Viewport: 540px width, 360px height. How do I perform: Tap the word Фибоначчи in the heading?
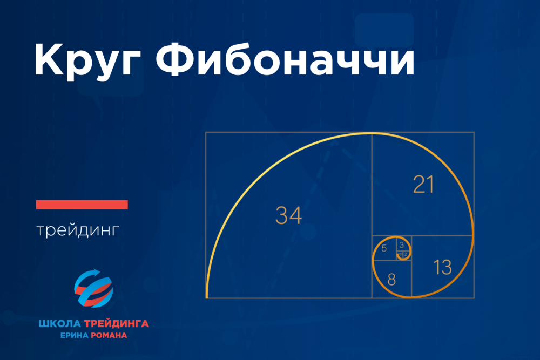tap(285, 59)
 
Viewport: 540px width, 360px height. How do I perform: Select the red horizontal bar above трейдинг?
tap(82, 205)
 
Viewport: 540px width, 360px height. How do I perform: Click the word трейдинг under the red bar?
tap(78, 230)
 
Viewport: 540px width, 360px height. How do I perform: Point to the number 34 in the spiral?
tap(288, 215)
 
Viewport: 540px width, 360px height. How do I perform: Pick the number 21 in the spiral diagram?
tap(423, 184)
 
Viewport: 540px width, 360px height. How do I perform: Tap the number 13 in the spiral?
tap(443, 267)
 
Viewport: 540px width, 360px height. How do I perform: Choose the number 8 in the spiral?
tap(391, 280)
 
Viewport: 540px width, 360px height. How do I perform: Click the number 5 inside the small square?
tap(384, 248)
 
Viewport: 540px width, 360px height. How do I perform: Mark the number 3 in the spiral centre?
tap(402, 246)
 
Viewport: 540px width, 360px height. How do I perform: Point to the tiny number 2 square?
tap(406, 254)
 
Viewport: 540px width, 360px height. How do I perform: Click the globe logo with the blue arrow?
tap(93, 288)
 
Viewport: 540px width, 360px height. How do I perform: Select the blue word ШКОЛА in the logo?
tap(59, 323)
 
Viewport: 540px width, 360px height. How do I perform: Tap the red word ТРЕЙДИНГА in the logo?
tap(117, 323)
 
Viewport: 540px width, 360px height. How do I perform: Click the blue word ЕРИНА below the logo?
tap(75, 335)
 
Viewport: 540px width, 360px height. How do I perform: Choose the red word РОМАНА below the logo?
tap(109, 335)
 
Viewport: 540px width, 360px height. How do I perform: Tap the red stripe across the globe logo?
tap(93, 291)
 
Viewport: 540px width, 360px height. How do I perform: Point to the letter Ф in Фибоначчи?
tap(175, 59)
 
